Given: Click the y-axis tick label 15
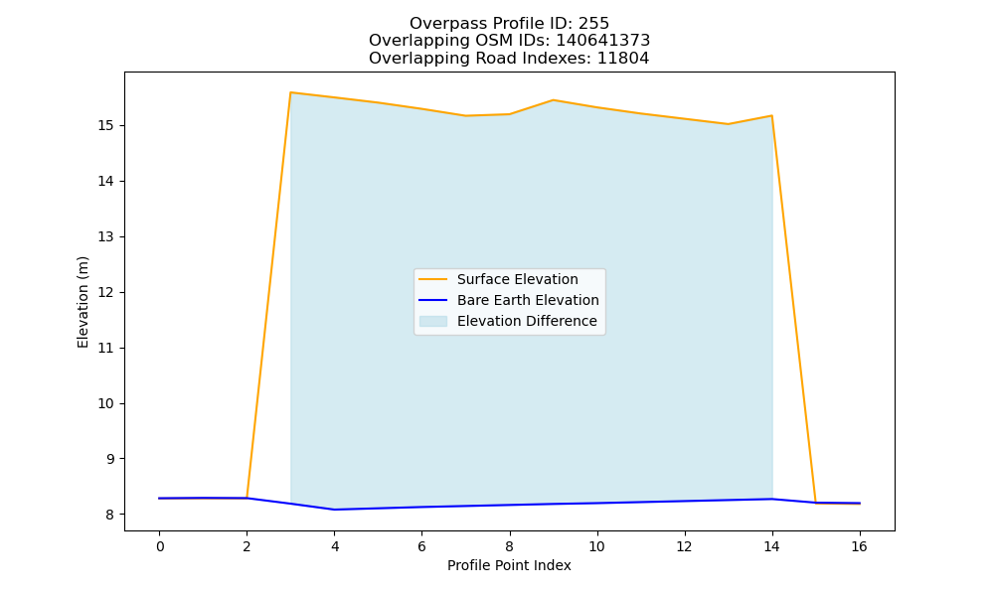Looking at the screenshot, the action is point(105,125).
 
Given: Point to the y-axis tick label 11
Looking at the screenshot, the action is point(105,349).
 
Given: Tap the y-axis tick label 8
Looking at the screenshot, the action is point(109,515).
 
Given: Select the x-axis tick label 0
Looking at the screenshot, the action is point(160,546).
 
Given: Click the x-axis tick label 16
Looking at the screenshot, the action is point(859,546).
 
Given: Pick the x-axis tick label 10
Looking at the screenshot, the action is point(596,546).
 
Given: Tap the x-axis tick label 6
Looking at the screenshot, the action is point(421,546).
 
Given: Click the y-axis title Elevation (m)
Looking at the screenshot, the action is point(83,302).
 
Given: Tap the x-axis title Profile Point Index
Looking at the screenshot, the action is point(509,565).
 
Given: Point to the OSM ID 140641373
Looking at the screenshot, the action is point(603,41).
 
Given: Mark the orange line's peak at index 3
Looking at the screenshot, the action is point(290,92).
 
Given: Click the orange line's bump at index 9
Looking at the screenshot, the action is point(553,100).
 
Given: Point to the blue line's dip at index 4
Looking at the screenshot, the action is point(334,510).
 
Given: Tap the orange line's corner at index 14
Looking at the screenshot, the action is point(771,116).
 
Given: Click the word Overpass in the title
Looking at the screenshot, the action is point(438,24).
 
